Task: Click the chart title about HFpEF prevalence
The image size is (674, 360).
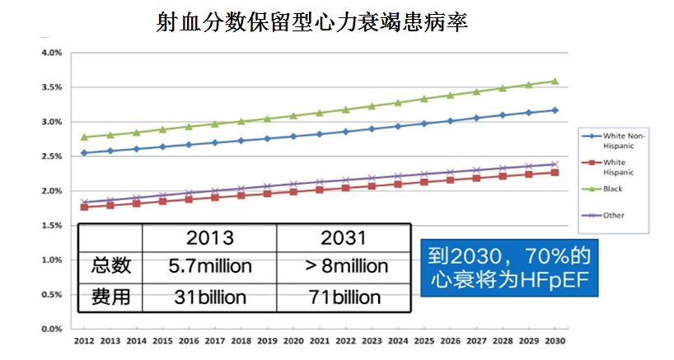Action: [x=312, y=22]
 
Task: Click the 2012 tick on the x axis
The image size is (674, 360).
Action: [x=83, y=340]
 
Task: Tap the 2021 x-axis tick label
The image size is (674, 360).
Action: [x=319, y=340]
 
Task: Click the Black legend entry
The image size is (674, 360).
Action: [x=613, y=189]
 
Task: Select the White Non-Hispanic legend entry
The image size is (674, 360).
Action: [x=625, y=138]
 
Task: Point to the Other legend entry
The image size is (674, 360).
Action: [x=613, y=216]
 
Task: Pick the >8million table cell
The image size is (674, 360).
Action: [x=344, y=267]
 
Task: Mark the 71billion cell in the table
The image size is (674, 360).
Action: [x=344, y=297]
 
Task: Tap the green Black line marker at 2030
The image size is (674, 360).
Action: [x=555, y=81]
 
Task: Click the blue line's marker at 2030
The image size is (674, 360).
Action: [x=555, y=110]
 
